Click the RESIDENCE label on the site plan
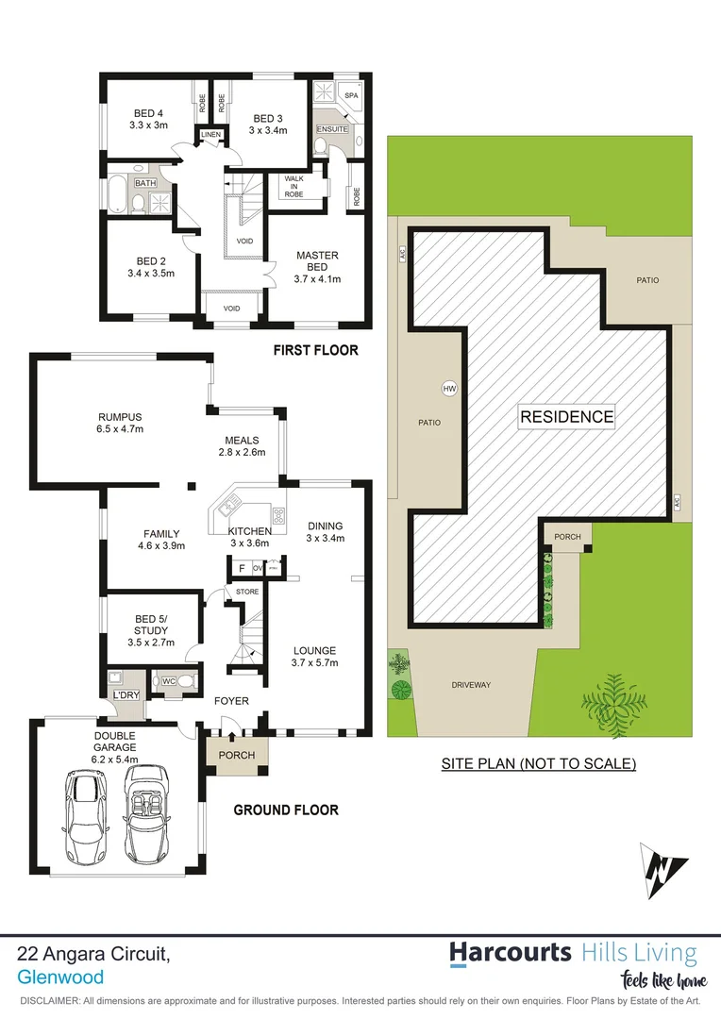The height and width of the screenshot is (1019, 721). (566, 416)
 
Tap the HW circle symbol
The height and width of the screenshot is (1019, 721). (449, 388)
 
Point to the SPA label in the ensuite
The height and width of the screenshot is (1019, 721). (351, 96)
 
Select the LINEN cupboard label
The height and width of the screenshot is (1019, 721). (210, 136)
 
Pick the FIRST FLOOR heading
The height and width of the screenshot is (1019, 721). (315, 350)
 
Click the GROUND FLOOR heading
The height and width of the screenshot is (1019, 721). (285, 810)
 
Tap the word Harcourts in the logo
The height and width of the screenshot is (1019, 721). (510, 952)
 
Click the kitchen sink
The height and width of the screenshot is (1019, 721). (229, 508)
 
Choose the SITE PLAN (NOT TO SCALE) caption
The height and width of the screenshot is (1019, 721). (538, 763)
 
